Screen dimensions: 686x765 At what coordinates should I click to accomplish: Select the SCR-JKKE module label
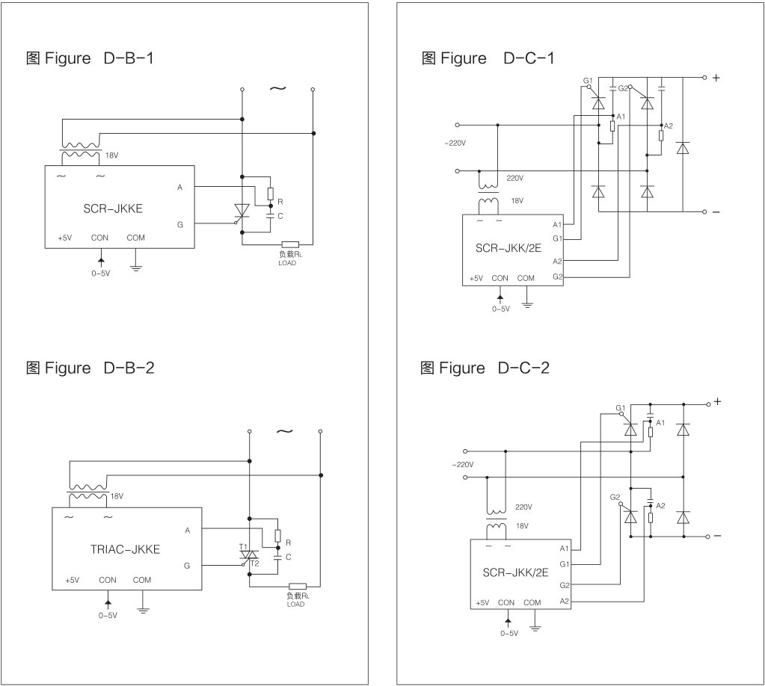click(x=113, y=209)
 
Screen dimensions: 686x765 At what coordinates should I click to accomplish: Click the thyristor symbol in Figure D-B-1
click(x=242, y=211)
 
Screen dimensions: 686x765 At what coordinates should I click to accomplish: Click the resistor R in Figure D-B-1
click(x=270, y=193)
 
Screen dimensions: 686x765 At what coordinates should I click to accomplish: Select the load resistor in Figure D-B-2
click(x=297, y=587)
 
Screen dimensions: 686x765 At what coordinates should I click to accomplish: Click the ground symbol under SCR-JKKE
click(x=135, y=265)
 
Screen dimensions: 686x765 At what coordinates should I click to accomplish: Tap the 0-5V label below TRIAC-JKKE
click(x=108, y=616)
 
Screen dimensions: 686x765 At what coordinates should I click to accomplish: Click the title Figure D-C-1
click(x=488, y=58)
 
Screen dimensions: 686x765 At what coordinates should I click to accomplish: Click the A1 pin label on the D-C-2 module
click(x=564, y=549)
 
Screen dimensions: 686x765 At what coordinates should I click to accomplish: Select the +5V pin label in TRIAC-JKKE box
click(x=72, y=580)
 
